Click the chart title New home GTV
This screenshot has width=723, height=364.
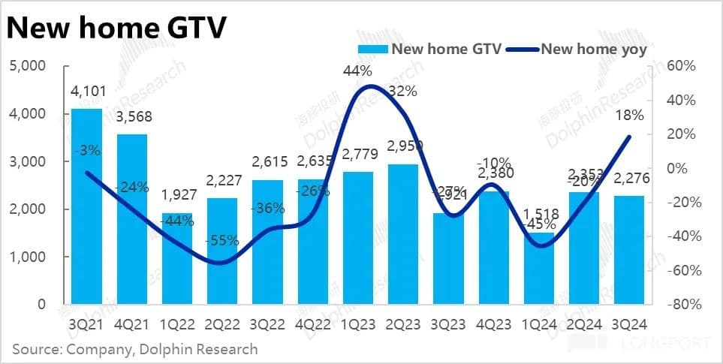point(117,29)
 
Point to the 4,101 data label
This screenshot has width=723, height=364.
point(86,92)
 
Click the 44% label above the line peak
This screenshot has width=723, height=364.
point(357,71)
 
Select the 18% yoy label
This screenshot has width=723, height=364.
point(629,116)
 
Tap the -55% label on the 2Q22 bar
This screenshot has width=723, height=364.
point(221,241)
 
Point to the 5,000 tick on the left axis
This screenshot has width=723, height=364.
point(28,66)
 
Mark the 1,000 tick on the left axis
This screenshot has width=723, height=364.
point(28,257)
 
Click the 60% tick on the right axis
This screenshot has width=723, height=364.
point(683,66)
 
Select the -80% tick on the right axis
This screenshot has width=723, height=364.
point(683,305)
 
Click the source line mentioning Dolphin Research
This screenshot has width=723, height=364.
point(135,349)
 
